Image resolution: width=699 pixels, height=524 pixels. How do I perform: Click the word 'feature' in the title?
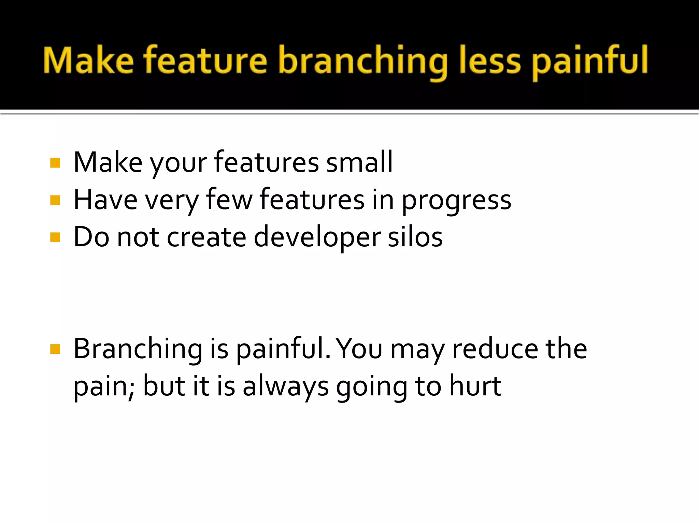pos(205,61)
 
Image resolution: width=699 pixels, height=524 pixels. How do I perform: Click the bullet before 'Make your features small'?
pos(55,163)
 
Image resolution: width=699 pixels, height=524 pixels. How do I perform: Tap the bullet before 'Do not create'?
pos(55,237)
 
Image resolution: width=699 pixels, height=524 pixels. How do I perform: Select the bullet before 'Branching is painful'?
pos(55,349)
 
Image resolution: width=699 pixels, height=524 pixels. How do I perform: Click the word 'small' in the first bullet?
pos(359,162)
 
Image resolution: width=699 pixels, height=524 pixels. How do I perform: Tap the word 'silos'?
pos(415,237)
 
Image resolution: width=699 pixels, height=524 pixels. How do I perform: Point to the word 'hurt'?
pos(475,386)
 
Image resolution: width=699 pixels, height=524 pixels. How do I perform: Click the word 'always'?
pos(286,387)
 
